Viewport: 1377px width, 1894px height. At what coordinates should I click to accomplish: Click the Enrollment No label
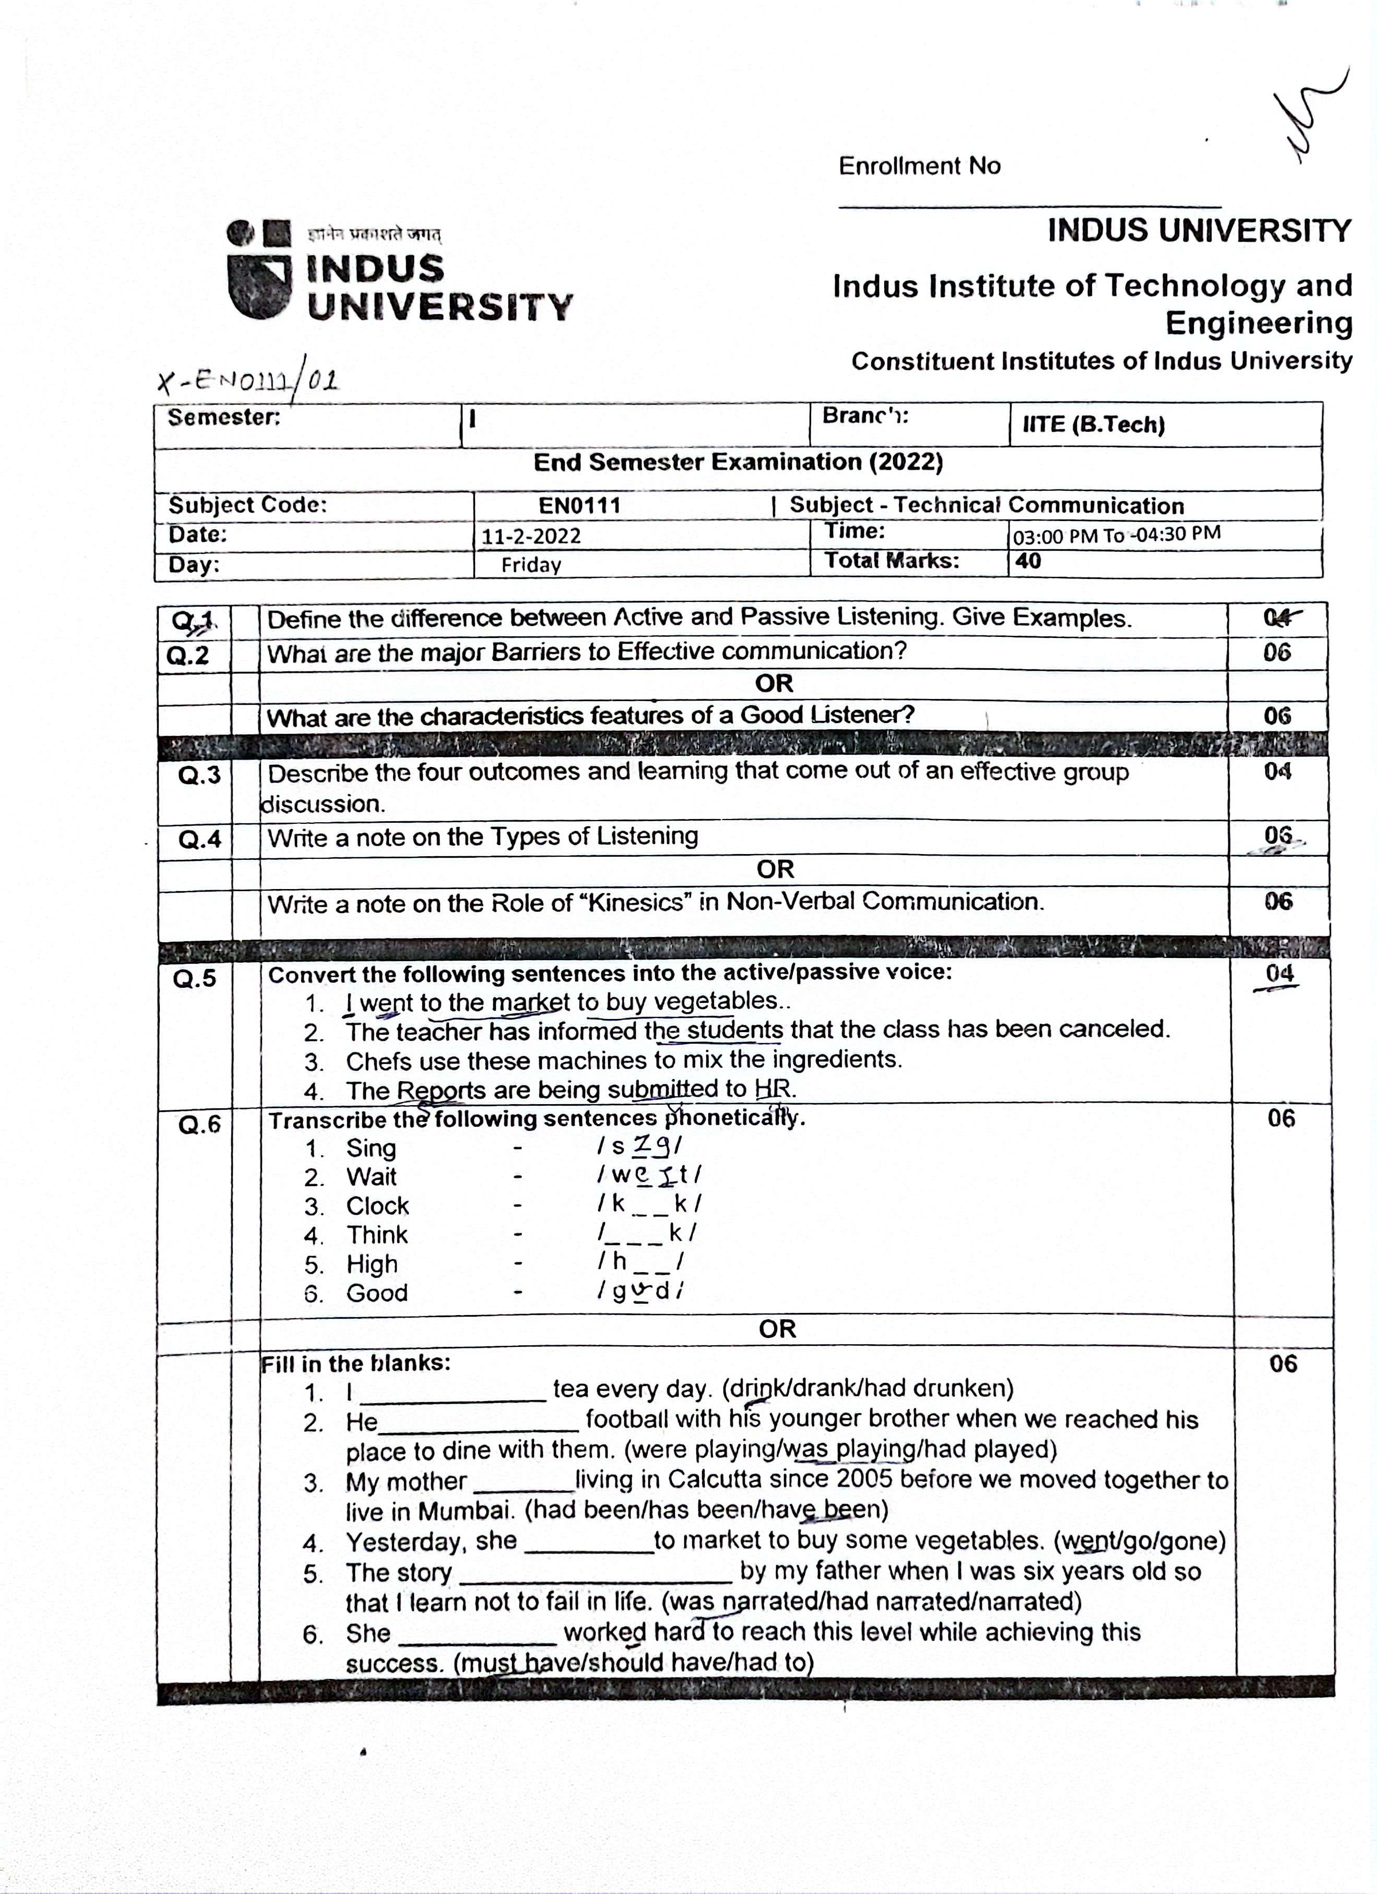919,166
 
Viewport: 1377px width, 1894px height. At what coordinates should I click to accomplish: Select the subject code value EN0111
579,505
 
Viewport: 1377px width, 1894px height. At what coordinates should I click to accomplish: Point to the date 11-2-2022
530,536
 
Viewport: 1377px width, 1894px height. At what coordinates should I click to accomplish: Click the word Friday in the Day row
531,565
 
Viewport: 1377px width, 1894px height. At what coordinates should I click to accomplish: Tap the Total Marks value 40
1028,561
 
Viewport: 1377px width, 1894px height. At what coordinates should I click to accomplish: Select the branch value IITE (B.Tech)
1093,424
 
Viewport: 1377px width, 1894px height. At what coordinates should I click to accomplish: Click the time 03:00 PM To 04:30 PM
1117,535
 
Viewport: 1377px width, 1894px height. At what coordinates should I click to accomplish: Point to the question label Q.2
188,656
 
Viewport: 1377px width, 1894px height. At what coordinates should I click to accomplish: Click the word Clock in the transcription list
377,1206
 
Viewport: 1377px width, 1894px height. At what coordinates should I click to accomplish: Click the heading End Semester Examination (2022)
738,463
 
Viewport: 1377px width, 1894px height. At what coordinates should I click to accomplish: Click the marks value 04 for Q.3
1277,772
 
